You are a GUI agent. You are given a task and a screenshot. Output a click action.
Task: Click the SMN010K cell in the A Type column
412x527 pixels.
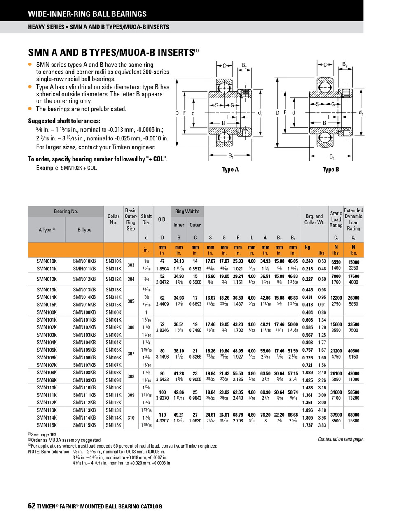tap(47, 261)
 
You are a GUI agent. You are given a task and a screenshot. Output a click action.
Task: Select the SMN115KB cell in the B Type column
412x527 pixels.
tap(84, 425)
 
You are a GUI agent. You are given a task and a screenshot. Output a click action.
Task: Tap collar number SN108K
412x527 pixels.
tap(113, 373)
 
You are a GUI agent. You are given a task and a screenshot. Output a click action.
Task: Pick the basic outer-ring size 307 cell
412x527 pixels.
tap(131, 354)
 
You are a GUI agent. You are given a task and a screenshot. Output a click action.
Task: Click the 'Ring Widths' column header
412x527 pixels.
tap(187, 211)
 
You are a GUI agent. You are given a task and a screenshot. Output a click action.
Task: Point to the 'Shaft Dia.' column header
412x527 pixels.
tap(146, 219)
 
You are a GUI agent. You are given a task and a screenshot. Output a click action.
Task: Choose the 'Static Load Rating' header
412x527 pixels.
tap(336, 219)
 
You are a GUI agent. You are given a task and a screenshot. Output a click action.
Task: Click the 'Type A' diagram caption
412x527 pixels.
tap(230, 170)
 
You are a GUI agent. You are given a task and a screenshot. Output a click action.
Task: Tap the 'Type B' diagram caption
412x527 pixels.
tap(331, 170)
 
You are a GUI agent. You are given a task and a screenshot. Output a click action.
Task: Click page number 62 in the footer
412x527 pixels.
tap(32, 506)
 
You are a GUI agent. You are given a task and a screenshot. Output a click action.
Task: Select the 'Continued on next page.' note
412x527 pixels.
tap(341, 439)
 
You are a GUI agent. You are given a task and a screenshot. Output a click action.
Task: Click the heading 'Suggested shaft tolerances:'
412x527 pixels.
tap(64, 121)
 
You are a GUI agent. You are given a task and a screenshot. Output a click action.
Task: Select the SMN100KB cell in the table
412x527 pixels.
tap(84, 312)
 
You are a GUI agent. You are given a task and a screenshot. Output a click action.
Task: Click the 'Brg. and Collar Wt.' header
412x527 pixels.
tap(314, 219)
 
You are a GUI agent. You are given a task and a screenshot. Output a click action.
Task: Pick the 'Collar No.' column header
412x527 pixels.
tap(113, 219)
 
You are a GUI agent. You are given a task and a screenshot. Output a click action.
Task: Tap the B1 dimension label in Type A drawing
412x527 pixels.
tap(231, 156)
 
